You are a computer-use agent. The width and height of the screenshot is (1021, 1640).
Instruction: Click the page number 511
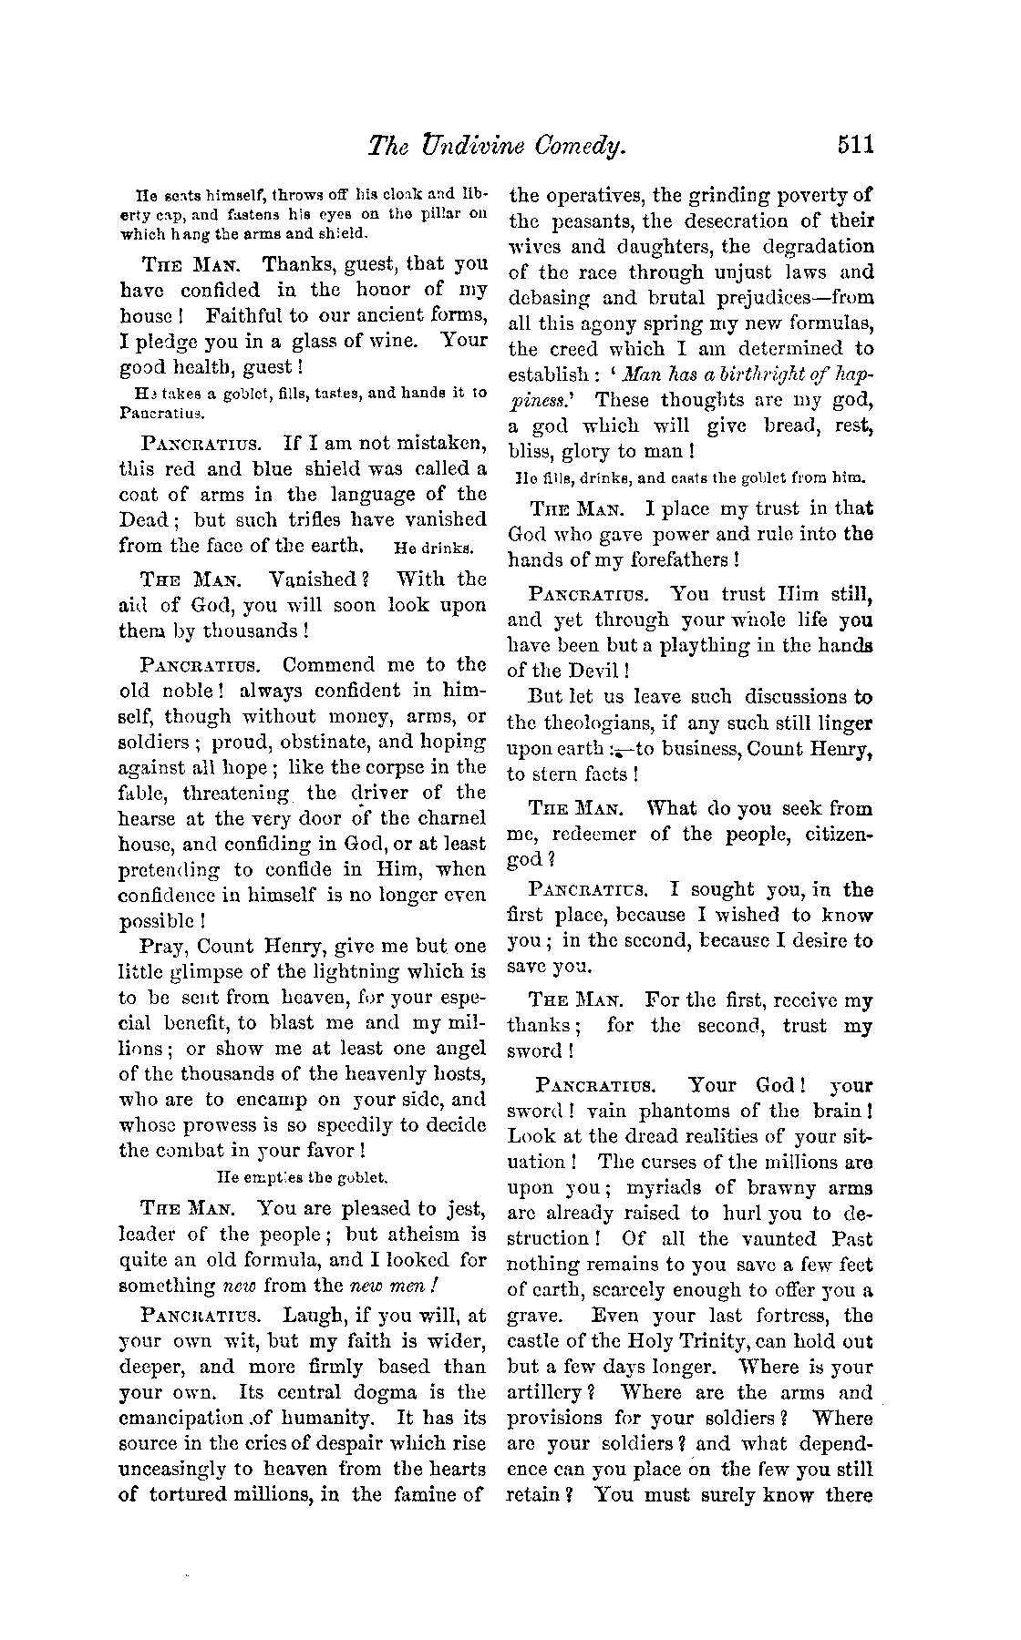click(851, 145)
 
